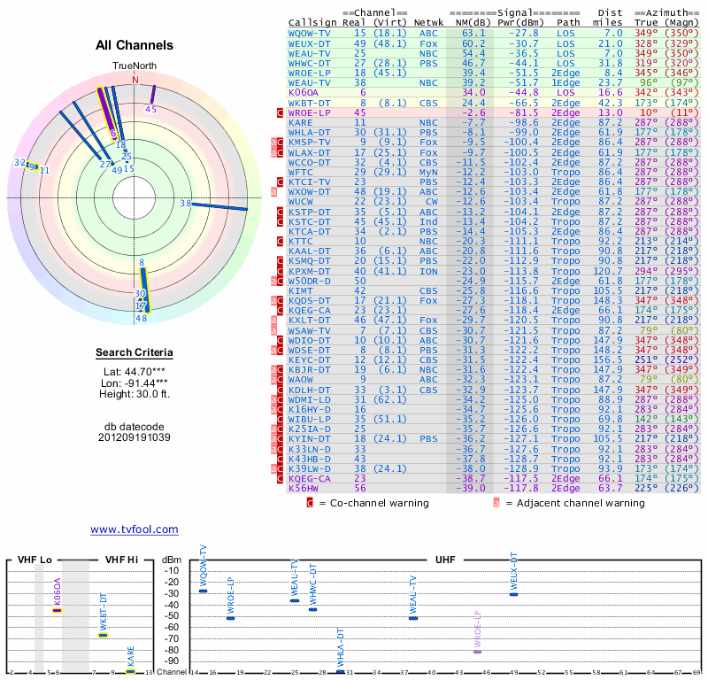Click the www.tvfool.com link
pyautogui.click(x=134, y=529)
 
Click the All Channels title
pyautogui.click(x=135, y=46)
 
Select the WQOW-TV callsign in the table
pyautogui.click(x=311, y=33)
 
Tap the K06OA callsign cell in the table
pyautogui.click(x=304, y=91)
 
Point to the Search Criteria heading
pyautogui.click(x=135, y=353)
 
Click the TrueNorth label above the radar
pyautogui.click(x=135, y=67)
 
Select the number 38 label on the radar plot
pyautogui.click(x=186, y=204)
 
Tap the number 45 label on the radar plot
pyautogui.click(x=150, y=110)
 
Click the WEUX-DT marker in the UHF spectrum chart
pyautogui.click(x=513, y=594)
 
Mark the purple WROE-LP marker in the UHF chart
pyautogui.click(x=477, y=652)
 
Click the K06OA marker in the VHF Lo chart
pyautogui.click(x=58, y=610)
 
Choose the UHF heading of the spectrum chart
pyautogui.click(x=446, y=560)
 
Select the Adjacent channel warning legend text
pyautogui.click(x=575, y=503)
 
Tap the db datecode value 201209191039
pyautogui.click(x=135, y=437)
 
